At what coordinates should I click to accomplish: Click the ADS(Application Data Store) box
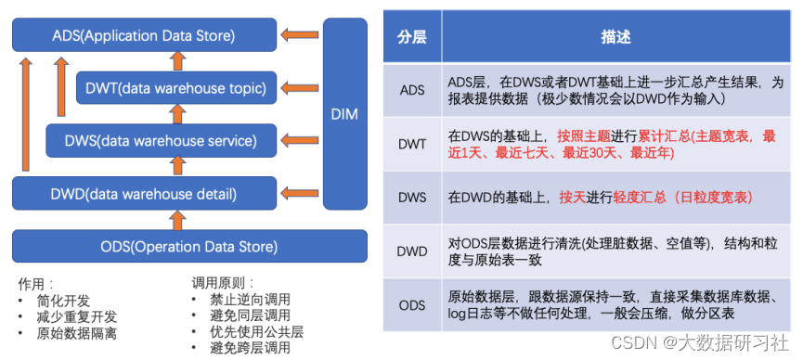coord(144,35)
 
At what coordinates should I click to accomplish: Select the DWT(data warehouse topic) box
coord(176,87)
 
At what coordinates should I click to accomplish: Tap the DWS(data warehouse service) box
coord(162,140)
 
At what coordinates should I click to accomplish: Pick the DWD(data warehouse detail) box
coord(144,194)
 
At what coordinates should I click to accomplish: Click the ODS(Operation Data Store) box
coord(189,246)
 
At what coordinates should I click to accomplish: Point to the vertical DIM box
coord(345,114)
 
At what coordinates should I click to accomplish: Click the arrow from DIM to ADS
coord(300,35)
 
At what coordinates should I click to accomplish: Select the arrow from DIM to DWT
coord(300,87)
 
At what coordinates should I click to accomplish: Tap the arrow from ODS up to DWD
coord(177,220)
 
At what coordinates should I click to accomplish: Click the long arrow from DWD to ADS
coord(26,114)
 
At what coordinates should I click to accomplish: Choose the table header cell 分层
coord(412,37)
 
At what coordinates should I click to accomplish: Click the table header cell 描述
coord(616,37)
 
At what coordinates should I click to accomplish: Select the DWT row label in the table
coord(412,145)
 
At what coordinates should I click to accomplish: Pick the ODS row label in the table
coord(412,305)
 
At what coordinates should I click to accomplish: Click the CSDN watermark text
coord(700,343)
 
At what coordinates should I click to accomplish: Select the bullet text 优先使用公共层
coord(256,332)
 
